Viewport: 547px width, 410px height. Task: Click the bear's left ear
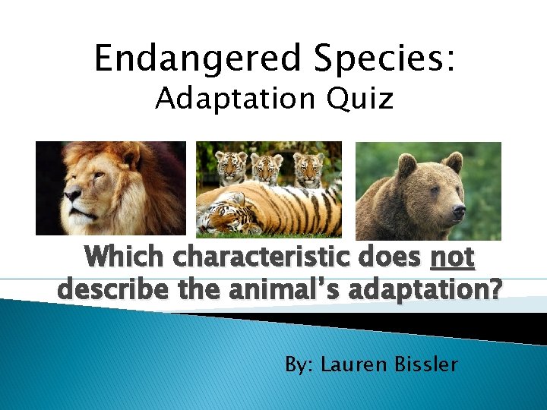click(x=407, y=163)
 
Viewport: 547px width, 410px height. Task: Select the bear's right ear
click(x=453, y=161)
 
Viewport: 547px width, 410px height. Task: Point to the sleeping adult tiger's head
click(x=225, y=217)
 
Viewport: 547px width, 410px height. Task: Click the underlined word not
click(x=452, y=258)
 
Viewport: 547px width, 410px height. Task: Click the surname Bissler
click(x=425, y=364)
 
